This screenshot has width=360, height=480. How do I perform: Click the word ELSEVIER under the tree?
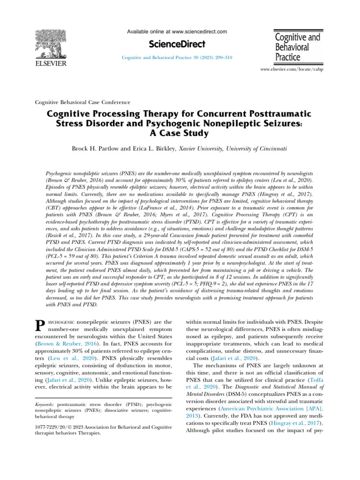click(52, 64)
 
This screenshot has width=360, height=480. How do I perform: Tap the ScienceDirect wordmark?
click(177, 44)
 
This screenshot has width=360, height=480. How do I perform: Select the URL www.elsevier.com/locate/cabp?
click(291, 69)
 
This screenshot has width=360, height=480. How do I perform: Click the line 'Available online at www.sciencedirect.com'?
click(177, 31)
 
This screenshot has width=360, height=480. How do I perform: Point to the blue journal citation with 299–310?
click(177, 57)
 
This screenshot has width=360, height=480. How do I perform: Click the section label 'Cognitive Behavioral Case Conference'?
click(83, 102)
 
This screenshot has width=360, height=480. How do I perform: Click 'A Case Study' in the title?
click(180, 132)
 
